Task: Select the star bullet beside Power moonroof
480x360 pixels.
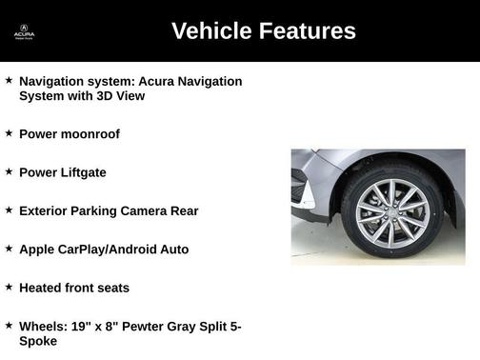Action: (x=9, y=133)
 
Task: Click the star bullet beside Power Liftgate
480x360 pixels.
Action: (x=9, y=171)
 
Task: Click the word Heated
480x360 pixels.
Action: (x=40, y=287)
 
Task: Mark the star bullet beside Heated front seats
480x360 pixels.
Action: (x=9, y=286)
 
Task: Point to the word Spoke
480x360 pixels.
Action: (x=38, y=340)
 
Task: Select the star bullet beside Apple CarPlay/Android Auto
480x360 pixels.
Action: (x=9, y=248)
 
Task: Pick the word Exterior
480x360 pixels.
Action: (x=44, y=210)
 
